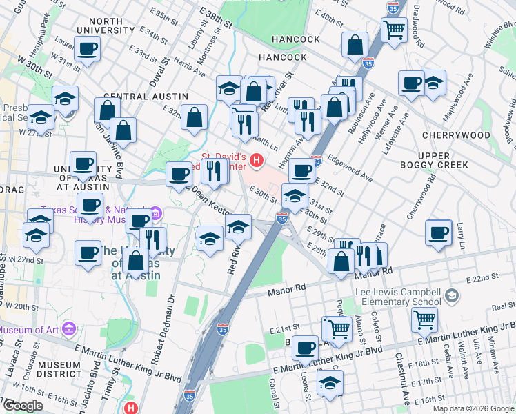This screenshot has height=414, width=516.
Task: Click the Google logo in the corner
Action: (x=23, y=405)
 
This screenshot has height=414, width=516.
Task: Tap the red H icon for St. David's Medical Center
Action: (x=257, y=161)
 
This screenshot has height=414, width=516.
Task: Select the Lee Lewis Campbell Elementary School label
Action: (x=398, y=297)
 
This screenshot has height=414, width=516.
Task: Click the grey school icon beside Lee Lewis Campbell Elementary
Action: (x=451, y=296)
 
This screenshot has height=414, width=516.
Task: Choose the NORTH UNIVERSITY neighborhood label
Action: (x=106, y=26)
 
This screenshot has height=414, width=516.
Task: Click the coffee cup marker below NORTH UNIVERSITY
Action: (x=87, y=49)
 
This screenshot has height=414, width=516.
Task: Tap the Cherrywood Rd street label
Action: (x=421, y=193)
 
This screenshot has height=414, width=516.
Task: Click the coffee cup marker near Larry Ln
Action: (x=437, y=233)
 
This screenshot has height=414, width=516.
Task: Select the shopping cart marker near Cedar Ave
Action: (x=424, y=319)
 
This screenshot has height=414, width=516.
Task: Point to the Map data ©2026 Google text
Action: (x=473, y=408)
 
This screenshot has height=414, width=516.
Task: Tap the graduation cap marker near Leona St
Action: (x=330, y=383)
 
